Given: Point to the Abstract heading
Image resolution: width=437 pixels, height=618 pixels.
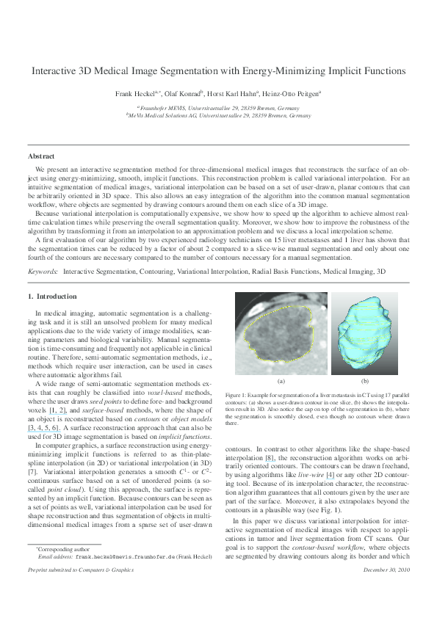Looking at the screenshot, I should point(41,156).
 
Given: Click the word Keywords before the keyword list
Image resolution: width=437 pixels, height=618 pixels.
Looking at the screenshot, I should point(43,272).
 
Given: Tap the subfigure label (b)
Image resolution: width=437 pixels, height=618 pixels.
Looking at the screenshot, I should point(364,382).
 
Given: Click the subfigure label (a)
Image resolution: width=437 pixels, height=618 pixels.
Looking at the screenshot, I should point(280,382).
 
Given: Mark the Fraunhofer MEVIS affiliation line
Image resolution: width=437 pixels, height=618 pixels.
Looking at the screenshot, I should point(218,107).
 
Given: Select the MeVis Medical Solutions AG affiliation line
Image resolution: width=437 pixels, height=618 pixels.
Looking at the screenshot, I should point(218,115).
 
